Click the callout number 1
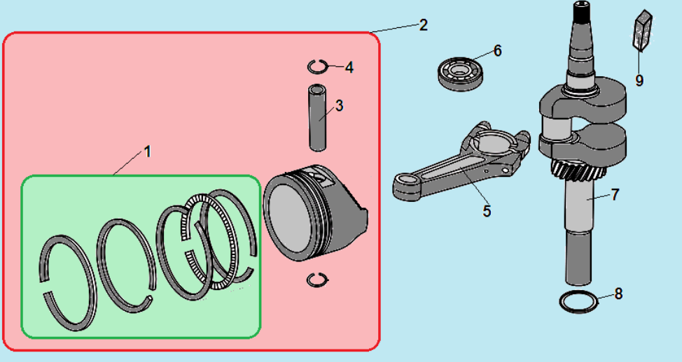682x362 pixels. [x=148, y=152]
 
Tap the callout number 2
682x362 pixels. [x=423, y=25]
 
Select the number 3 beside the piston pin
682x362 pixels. [x=340, y=106]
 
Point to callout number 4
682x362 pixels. [x=349, y=67]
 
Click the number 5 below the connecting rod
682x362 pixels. [x=487, y=211]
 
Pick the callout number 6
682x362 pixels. [x=498, y=51]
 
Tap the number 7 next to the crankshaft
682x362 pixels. [x=615, y=194]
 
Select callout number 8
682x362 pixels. [x=618, y=294]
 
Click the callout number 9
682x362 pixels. [x=639, y=80]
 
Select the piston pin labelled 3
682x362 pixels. [x=317, y=118]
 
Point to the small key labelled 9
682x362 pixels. [x=642, y=29]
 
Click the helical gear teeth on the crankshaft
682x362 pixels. [x=579, y=170]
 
